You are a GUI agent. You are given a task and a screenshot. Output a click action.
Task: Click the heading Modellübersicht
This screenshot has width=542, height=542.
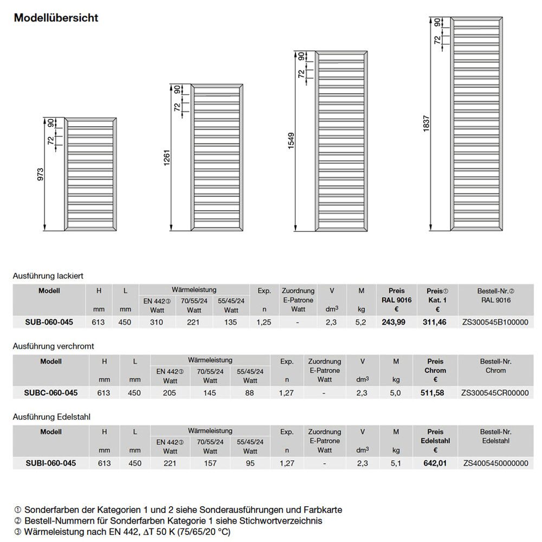(x=56, y=18)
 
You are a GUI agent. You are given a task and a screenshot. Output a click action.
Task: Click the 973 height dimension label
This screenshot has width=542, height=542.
(x=40, y=175)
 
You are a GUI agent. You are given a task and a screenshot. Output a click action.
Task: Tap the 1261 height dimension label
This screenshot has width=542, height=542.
(x=167, y=158)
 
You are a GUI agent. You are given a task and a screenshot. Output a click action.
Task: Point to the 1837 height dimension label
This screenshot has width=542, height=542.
(x=427, y=124)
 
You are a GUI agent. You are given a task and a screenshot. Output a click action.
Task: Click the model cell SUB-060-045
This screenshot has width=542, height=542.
(x=49, y=322)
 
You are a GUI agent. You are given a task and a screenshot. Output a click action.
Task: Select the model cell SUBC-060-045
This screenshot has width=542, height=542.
(x=51, y=392)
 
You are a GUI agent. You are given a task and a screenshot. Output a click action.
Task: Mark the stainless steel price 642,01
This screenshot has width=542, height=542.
(x=435, y=463)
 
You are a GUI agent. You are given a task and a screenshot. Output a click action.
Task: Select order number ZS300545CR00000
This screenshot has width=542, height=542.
(x=495, y=392)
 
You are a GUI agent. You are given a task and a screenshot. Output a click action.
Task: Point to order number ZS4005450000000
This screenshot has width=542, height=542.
(x=495, y=463)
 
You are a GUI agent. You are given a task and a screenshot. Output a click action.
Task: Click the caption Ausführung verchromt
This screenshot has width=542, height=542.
(x=49, y=346)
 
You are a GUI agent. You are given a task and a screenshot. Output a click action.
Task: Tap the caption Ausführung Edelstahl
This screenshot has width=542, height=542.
(x=48, y=416)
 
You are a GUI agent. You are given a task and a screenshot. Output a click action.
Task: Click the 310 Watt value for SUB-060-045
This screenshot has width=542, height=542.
(x=156, y=322)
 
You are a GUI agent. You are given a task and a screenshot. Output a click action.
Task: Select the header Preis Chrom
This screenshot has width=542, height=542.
(x=435, y=366)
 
